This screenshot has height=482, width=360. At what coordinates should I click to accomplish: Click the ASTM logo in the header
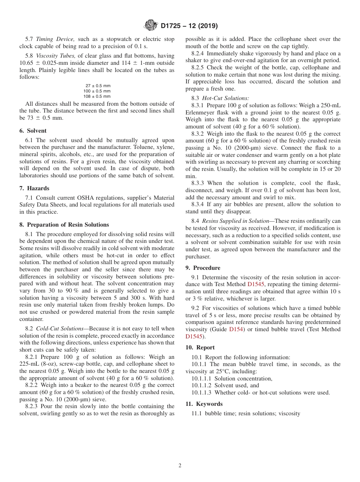(x=150, y=26)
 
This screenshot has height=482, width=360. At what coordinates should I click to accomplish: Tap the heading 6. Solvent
(x=36, y=131)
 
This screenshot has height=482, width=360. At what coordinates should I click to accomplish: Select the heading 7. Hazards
(x=38, y=188)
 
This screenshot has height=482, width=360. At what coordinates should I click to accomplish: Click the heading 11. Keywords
(x=204, y=404)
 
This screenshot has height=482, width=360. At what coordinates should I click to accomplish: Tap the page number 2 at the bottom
(x=180, y=466)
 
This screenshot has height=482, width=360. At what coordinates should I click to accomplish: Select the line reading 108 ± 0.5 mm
(x=97, y=96)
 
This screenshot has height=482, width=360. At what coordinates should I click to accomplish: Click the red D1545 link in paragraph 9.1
(x=256, y=284)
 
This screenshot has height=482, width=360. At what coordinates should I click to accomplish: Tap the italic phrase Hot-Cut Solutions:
(x=225, y=98)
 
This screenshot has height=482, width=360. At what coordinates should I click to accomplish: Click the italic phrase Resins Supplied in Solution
(x=234, y=221)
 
